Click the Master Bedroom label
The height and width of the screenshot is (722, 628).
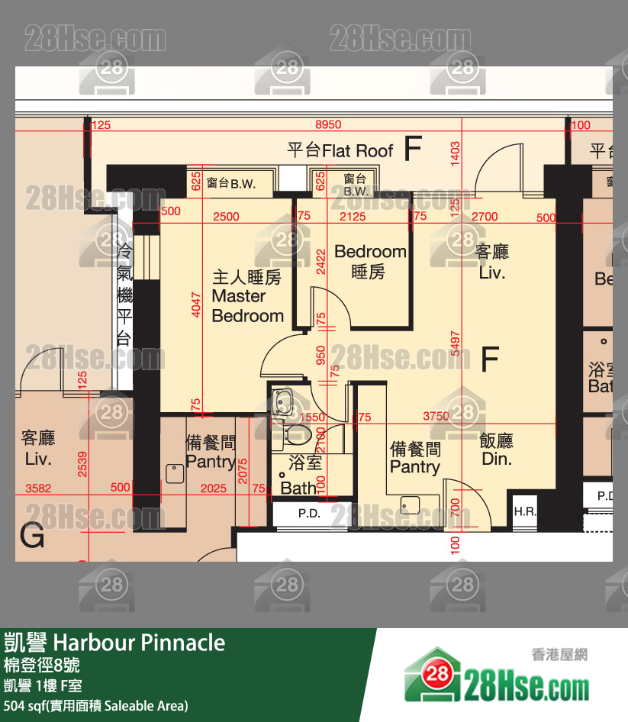(x=247, y=296)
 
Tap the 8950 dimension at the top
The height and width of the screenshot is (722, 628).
(x=329, y=124)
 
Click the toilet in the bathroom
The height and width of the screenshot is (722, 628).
(x=298, y=436)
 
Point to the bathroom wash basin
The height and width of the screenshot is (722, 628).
(x=284, y=403)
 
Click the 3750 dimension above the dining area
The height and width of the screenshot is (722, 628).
(x=436, y=417)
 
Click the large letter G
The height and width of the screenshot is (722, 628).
(x=32, y=537)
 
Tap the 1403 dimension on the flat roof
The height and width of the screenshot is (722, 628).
(x=456, y=154)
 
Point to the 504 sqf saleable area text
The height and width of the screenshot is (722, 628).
(x=95, y=705)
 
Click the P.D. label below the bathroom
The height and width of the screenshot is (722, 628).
(x=308, y=514)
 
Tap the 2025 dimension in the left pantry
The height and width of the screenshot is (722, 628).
(x=213, y=488)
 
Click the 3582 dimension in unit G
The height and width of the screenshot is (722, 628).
(x=38, y=488)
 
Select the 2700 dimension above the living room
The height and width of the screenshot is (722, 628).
(x=485, y=217)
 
